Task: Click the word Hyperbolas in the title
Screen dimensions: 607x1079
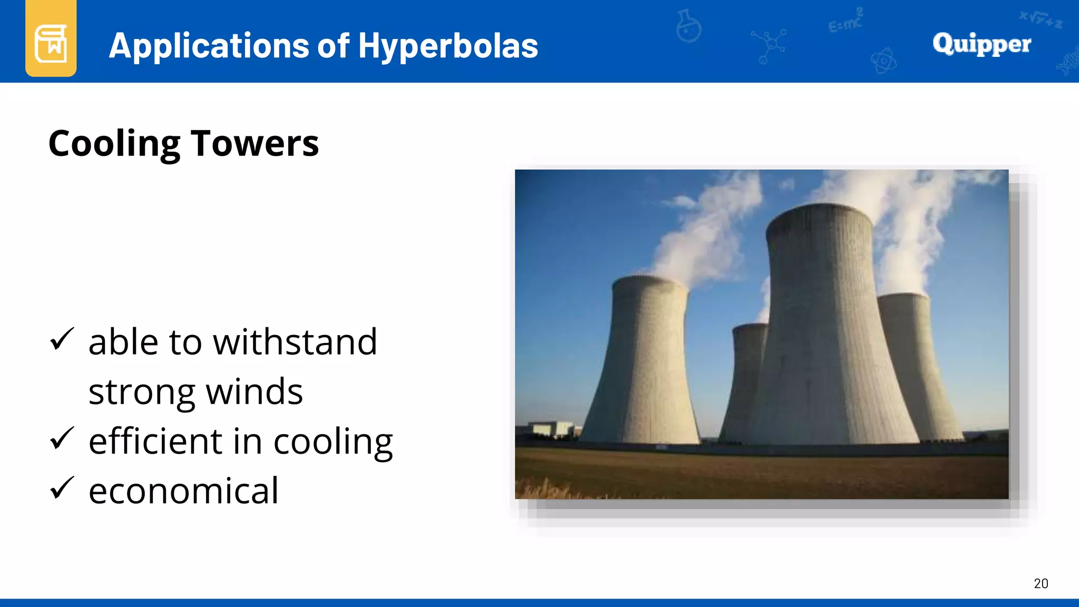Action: point(448,46)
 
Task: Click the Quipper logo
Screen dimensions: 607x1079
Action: point(982,44)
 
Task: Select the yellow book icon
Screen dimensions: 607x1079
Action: point(51,42)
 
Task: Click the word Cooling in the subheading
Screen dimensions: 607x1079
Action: point(114,143)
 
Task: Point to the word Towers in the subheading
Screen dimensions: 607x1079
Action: point(255,143)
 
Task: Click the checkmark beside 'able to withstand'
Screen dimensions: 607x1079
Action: point(62,339)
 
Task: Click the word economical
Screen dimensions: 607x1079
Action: point(183,491)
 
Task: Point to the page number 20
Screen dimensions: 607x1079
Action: point(1041,583)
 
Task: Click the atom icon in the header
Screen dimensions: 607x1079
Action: point(884,62)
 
